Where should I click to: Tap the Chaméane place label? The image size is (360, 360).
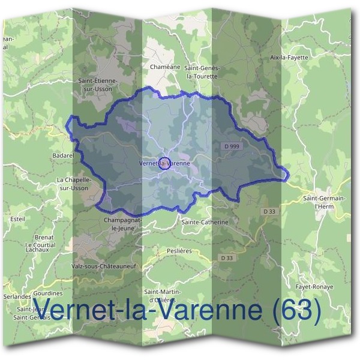pyautogui.click(x=165, y=67)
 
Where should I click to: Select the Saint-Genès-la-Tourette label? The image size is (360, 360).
pyautogui.click(x=202, y=72)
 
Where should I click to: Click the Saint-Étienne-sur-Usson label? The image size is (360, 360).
pyautogui.click(x=99, y=83)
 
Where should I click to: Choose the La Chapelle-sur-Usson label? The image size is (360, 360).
pyautogui.click(x=73, y=184)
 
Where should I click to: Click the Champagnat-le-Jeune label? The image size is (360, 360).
pyautogui.click(x=122, y=223)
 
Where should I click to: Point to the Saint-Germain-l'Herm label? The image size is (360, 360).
pyautogui.click(x=324, y=202)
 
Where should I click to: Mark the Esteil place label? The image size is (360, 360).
pyautogui.click(x=18, y=219)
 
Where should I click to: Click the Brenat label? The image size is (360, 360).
pyautogui.click(x=44, y=237)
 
